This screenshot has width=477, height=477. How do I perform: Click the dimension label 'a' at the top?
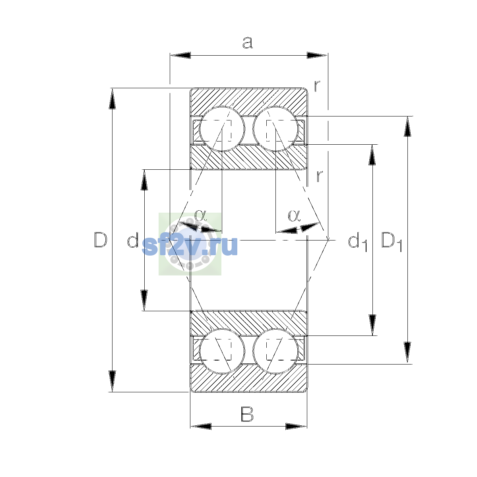(x=247, y=43)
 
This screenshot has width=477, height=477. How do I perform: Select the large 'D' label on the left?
(x=101, y=240)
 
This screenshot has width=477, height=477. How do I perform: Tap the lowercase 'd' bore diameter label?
(x=133, y=240)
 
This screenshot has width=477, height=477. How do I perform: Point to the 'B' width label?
(x=247, y=414)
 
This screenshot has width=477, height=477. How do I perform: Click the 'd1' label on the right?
(x=358, y=242)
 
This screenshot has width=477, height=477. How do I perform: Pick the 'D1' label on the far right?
(x=392, y=242)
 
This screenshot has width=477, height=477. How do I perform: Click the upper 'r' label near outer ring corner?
(x=317, y=85)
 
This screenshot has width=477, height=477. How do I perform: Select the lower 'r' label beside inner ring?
(x=320, y=176)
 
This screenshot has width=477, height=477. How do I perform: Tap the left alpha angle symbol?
(x=200, y=215)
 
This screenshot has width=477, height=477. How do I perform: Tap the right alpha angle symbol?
(x=294, y=215)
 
